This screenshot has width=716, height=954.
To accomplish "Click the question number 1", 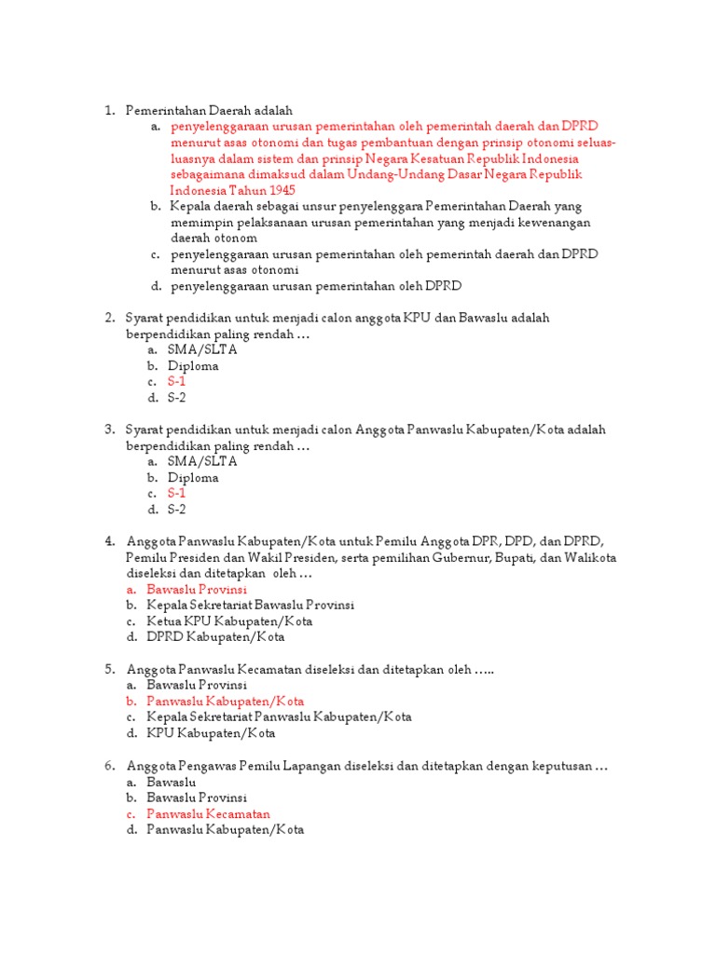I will pos(108,111).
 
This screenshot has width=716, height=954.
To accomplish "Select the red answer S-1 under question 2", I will pos(177,382).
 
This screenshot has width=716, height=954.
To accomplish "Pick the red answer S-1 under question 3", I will pos(177,494).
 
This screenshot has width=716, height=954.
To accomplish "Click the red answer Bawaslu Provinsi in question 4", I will pos(197,589).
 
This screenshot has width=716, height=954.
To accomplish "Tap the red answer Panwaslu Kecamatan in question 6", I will pos(205,813).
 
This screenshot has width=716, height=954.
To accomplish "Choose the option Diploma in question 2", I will pos(193,366).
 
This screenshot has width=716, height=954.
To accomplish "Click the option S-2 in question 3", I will pos(177,510).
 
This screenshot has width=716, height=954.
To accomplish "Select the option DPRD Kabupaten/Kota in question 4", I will pos(215,637).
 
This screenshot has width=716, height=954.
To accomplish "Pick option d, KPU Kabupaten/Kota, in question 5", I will pos(211,733).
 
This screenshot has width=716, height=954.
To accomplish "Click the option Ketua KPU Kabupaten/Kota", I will pos(229,621).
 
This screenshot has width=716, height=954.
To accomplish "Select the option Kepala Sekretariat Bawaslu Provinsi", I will pos(250,605).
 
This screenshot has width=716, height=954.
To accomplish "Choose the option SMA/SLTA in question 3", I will pos(202,461).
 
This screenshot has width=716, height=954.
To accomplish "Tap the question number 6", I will pos(108,766).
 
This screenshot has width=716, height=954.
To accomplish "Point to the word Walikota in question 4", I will pos(591,557).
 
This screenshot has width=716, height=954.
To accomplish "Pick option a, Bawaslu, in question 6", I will pos(172,782).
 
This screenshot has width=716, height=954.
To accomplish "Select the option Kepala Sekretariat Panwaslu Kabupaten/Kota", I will pos(279,717).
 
